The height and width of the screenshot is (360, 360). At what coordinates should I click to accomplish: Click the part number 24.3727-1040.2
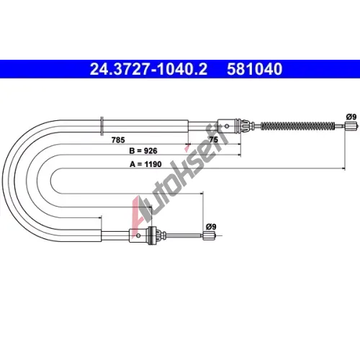point(148,69)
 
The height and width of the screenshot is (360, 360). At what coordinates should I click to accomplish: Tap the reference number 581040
point(255,69)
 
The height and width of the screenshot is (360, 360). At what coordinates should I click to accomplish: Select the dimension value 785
point(118,140)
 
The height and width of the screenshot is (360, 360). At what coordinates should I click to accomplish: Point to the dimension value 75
point(214,140)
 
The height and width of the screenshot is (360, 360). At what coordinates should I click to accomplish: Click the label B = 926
point(143,150)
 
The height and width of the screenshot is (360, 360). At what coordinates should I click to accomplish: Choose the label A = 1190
point(145,164)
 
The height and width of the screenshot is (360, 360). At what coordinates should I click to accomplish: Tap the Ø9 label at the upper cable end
point(351,117)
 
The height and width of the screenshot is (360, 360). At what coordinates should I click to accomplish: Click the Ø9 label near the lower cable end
point(211,227)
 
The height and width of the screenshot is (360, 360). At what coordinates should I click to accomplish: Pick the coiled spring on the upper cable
point(297,126)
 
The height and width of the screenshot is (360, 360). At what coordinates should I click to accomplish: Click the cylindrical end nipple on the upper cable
point(349,126)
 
